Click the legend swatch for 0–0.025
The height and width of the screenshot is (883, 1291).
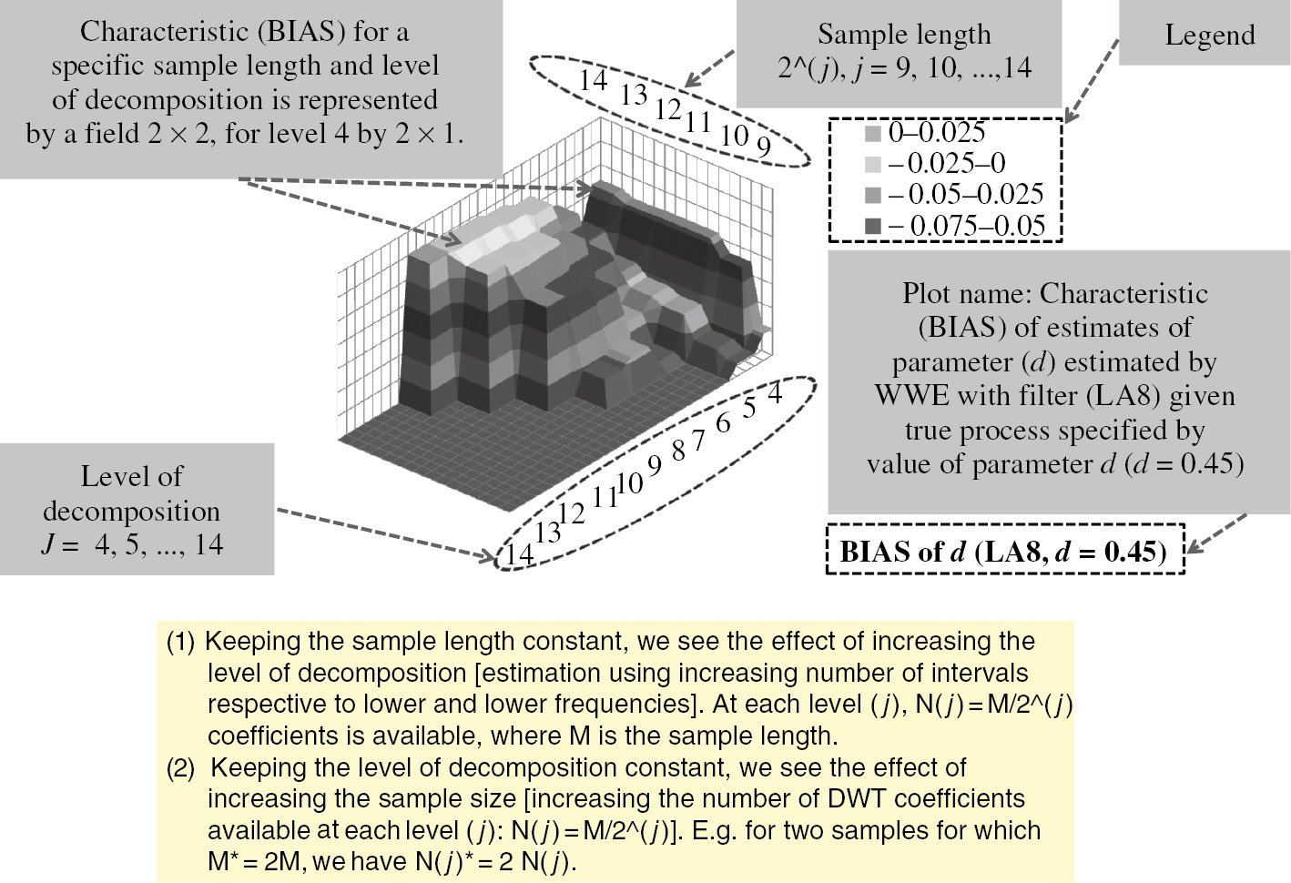point(873,134)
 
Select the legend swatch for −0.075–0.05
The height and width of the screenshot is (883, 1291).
point(873,227)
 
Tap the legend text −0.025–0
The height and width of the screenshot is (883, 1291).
point(947,163)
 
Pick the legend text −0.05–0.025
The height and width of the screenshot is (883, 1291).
point(966,194)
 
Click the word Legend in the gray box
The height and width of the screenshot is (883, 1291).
point(1210,36)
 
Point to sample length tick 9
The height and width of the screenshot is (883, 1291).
point(763,147)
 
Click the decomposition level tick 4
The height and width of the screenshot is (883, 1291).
point(774,393)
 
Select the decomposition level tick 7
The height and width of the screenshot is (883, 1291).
point(698,441)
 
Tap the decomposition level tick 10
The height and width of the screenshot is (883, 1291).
point(630,483)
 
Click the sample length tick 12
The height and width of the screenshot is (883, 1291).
point(668,109)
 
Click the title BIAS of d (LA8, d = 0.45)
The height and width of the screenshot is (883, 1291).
point(1003,552)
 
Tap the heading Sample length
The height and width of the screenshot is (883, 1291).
point(904,35)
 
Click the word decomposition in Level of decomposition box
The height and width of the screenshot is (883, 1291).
point(131,512)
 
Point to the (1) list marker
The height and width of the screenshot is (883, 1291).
point(180,642)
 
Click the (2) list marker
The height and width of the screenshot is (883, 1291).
point(180,768)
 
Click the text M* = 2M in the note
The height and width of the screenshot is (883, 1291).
point(251,861)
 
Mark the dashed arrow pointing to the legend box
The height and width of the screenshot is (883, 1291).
point(1091,81)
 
